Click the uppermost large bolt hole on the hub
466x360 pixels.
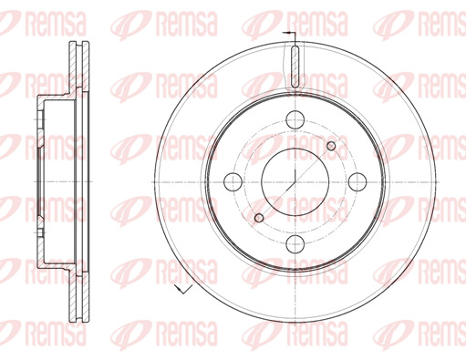[295, 119]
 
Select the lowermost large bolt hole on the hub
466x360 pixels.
[295, 244]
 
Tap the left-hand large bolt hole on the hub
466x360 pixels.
[233, 181]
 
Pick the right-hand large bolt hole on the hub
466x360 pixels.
[357, 181]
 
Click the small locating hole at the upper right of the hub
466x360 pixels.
[331, 146]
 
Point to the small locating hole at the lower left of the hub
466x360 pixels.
[259, 218]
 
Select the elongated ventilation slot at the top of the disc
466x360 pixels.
[295, 67]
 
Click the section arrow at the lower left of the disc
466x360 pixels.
[183, 289]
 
